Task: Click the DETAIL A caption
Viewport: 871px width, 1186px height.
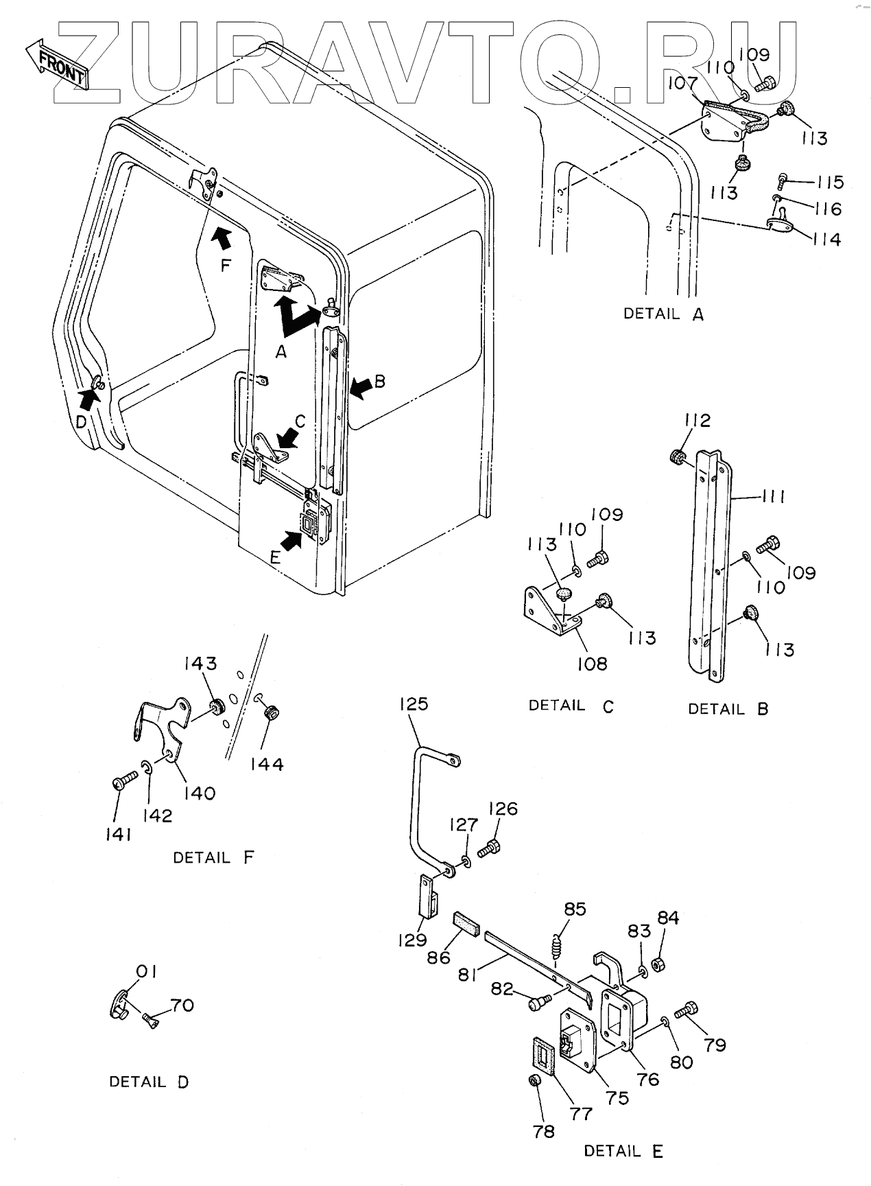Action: tap(663, 314)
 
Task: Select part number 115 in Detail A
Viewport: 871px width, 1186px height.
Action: tap(828, 183)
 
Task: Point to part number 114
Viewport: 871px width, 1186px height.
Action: tap(826, 240)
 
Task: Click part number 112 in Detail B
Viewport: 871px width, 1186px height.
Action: tap(697, 420)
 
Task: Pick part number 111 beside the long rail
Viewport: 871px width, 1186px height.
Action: tap(773, 496)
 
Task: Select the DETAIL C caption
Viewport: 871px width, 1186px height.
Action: tap(571, 706)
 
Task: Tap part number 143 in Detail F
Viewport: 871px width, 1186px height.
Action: tap(200, 664)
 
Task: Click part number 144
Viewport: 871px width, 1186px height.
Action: tap(267, 764)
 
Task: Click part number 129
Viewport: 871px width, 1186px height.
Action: tap(412, 940)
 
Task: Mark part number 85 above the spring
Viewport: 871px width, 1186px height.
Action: tap(575, 909)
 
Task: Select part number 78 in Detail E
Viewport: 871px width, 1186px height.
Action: tap(544, 1131)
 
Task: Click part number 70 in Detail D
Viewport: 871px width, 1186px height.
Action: tap(182, 1005)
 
